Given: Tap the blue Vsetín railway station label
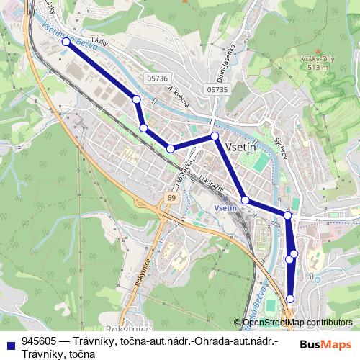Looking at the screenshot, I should (225, 207).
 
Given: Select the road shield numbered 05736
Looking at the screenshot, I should (156, 78).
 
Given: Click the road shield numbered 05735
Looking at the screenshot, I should (215, 89).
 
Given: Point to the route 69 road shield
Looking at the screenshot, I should (170, 197).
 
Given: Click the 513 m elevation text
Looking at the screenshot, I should (317, 68).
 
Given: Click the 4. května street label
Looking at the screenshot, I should (179, 97).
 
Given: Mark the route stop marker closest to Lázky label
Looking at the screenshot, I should (66, 42).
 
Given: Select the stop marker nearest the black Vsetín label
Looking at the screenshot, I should (215, 136).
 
